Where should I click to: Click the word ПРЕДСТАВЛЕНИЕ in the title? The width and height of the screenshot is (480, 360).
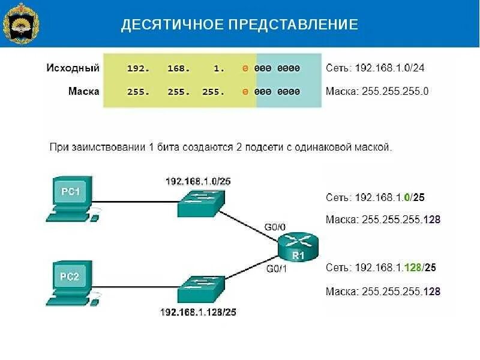point(292,25)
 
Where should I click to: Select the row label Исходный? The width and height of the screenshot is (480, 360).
point(73,68)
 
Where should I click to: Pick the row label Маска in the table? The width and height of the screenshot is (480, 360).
point(83,92)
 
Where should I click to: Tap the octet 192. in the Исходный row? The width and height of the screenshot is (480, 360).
point(137,68)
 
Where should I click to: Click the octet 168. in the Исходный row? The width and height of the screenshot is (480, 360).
point(178,68)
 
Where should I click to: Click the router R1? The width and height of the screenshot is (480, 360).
point(298,247)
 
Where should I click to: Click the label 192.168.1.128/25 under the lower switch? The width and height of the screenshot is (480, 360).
point(197,312)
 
